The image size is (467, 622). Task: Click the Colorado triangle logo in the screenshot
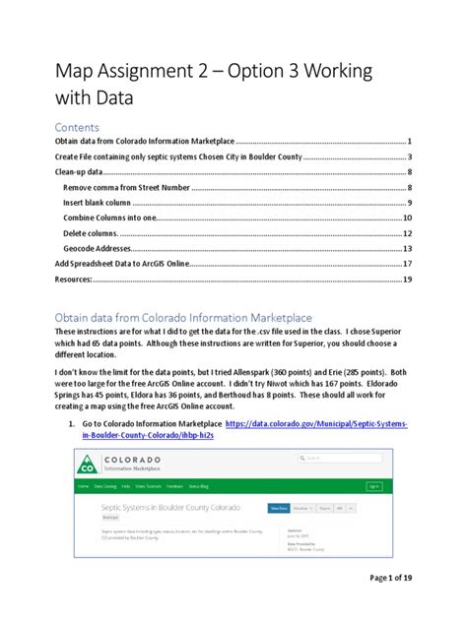click(x=90, y=463)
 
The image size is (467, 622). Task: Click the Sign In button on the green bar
click(x=373, y=486)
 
